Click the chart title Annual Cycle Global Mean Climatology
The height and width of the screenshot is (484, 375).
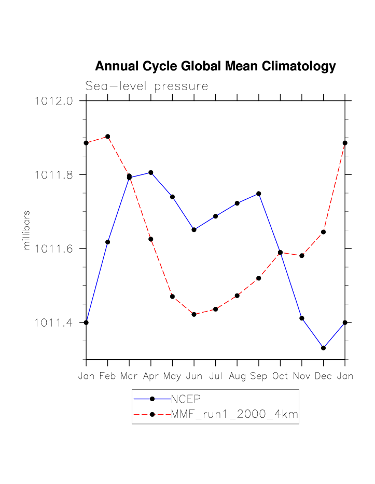coord(215,66)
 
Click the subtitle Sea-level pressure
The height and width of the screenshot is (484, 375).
coord(147,86)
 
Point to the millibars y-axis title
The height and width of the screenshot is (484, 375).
coord(26,230)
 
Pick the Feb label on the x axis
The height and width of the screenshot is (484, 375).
coord(108,376)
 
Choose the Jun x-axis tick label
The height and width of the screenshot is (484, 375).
coord(194,376)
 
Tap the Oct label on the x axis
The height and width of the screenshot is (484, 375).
coord(280,376)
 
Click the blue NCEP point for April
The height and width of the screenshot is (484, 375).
coord(151,172)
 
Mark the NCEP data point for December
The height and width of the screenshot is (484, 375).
coord(323,348)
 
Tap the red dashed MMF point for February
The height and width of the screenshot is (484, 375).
coord(108,137)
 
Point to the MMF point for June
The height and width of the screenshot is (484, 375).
coord(194,314)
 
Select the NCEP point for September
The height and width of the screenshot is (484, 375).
coord(258,194)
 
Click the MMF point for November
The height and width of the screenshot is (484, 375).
coord(301,256)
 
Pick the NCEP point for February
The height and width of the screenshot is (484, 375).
coord(108,242)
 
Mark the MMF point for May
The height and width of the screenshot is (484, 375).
coord(172,297)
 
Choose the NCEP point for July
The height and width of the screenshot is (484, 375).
coord(215,216)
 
